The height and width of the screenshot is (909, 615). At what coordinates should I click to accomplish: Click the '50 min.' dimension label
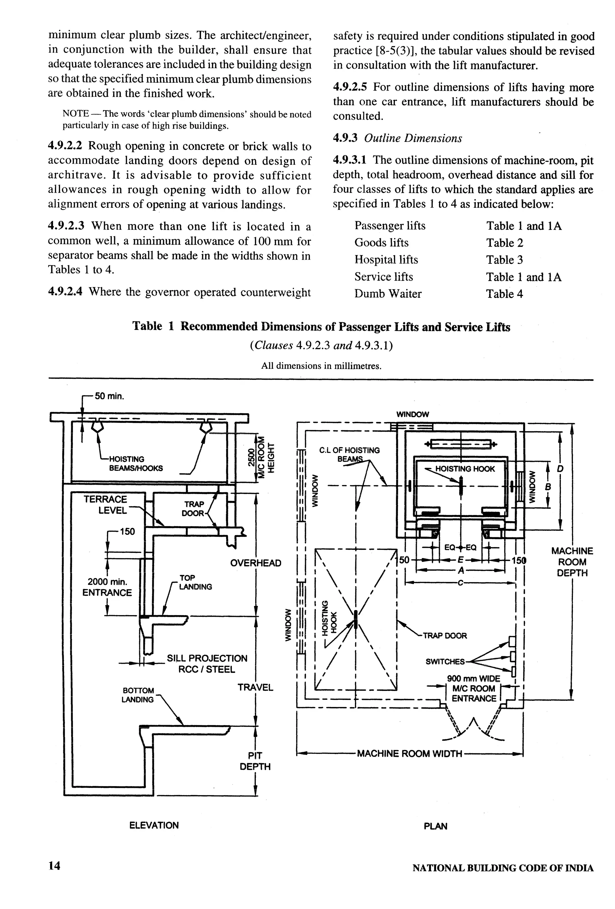110,396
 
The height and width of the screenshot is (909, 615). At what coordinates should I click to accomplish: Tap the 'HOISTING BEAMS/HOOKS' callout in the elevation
136,463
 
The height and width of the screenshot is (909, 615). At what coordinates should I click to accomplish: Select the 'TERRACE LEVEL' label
106,505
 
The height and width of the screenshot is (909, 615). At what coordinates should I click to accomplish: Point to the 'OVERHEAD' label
255,563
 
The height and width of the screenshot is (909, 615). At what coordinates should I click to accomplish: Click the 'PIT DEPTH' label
255,761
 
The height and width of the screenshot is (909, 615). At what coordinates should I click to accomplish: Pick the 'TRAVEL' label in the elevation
255,687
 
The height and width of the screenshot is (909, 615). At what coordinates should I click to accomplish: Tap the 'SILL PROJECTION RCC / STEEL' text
207,664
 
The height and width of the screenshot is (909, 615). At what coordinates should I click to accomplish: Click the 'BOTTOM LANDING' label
138,695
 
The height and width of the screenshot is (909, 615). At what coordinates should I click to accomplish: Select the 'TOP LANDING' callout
195,582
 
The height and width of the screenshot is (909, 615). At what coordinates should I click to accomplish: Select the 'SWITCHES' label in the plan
445,661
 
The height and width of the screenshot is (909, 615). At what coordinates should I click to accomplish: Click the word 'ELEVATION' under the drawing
154,825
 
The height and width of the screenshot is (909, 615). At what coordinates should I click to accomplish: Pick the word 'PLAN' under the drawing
435,826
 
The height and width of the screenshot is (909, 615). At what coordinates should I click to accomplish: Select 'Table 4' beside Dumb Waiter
504,294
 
